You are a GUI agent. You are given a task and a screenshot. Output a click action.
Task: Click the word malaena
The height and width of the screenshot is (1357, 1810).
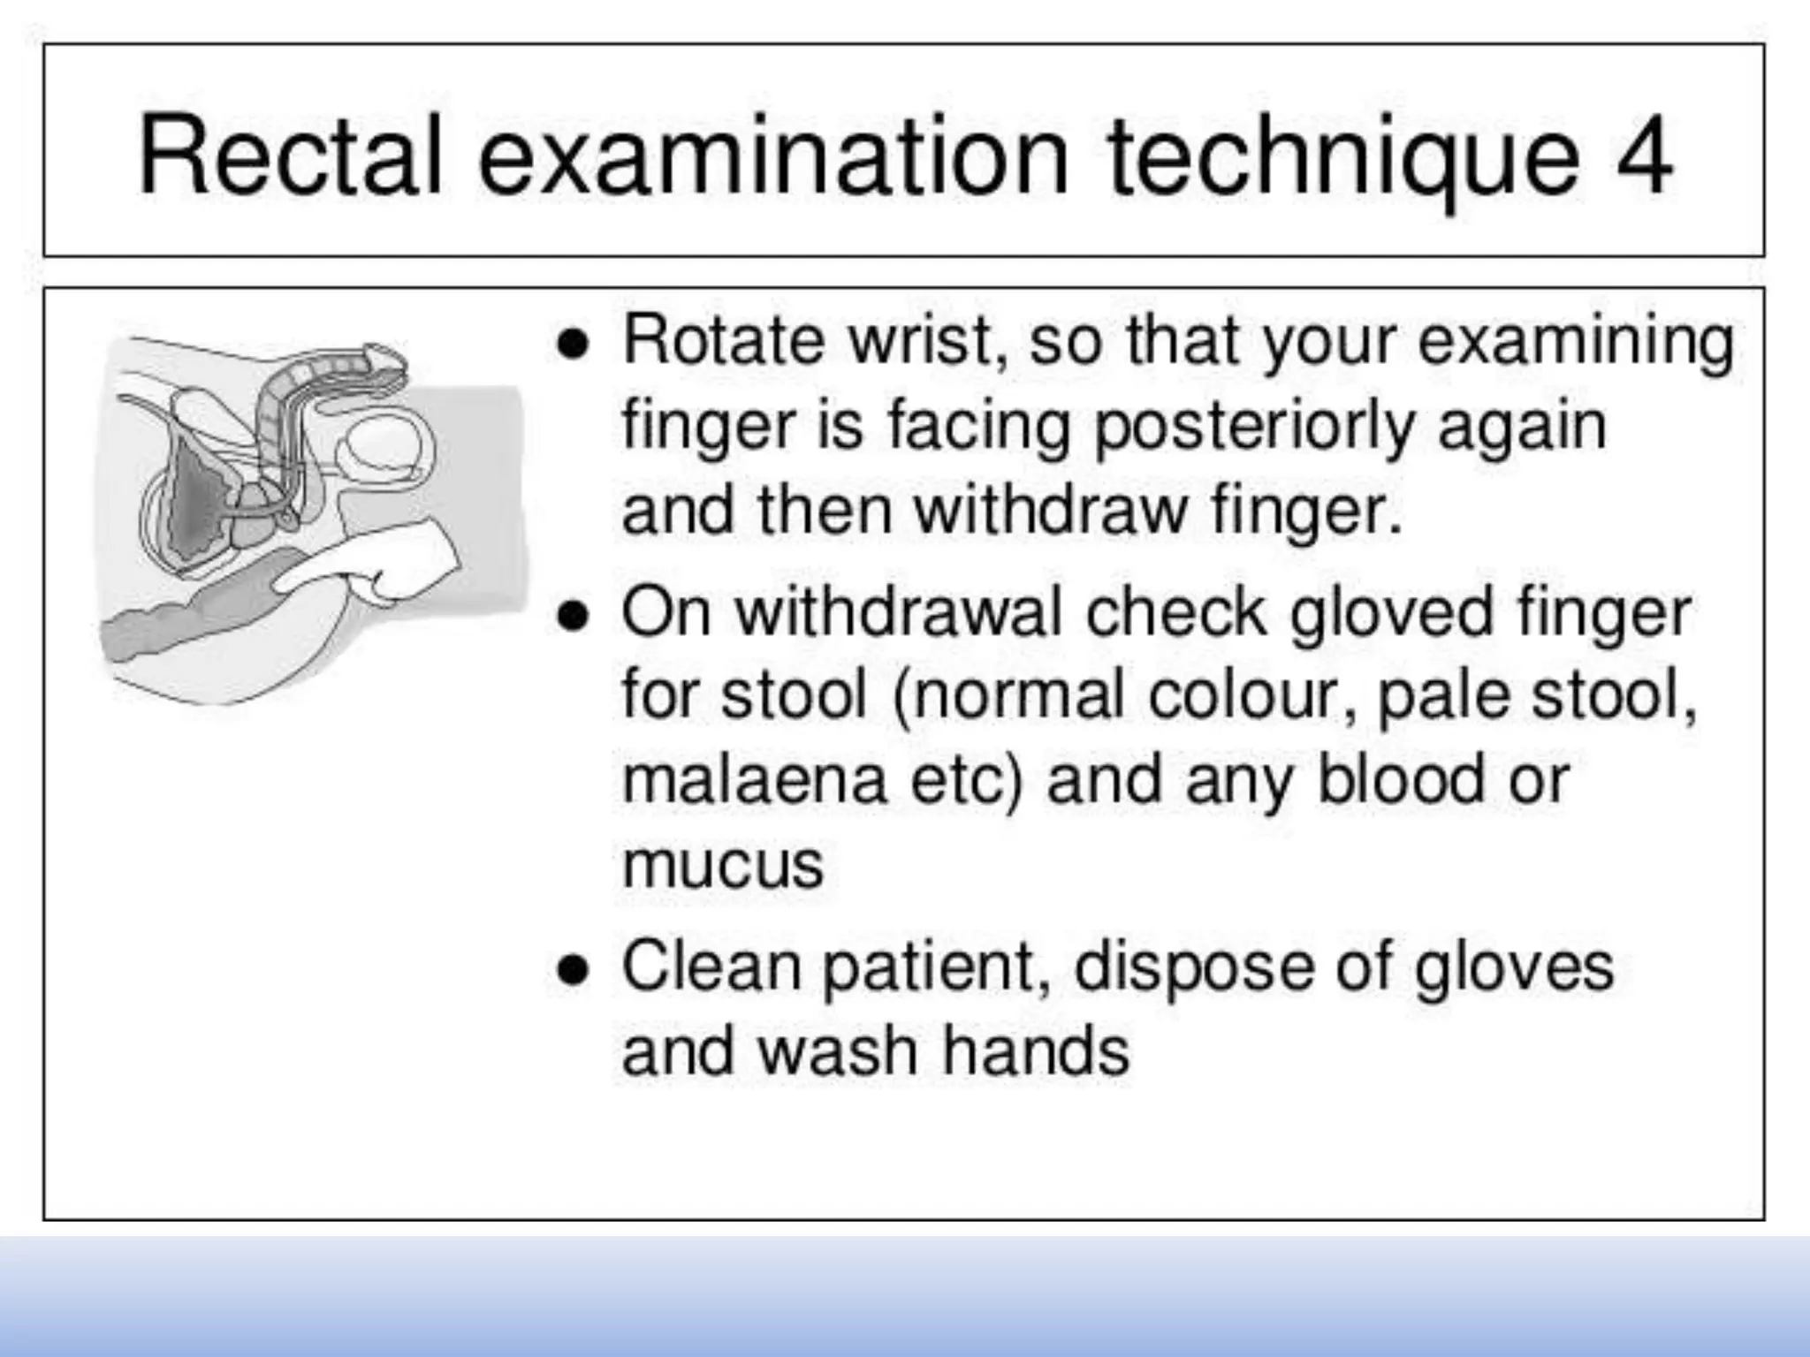tap(754, 779)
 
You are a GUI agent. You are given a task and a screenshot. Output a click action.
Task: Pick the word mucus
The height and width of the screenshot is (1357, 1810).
tap(723, 865)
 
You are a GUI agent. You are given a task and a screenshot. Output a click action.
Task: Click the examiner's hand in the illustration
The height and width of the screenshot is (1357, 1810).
tap(389, 565)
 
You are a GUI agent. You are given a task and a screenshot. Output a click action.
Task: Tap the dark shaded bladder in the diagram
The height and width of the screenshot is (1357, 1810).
tap(199, 504)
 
